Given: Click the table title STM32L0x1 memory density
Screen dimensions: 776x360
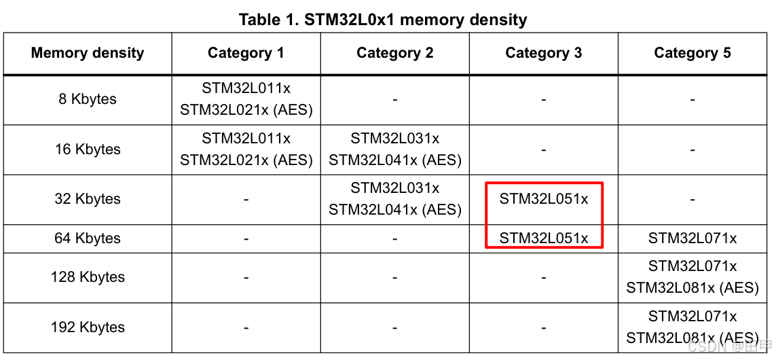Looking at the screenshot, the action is click(x=383, y=20).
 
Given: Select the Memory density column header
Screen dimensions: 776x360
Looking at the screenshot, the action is click(x=88, y=53).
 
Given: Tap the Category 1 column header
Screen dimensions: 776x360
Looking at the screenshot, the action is click(x=246, y=53).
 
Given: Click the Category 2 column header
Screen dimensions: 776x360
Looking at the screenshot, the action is click(x=394, y=53).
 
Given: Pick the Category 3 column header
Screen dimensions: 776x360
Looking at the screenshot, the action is click(x=543, y=53).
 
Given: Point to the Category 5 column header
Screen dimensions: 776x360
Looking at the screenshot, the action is click(x=692, y=53).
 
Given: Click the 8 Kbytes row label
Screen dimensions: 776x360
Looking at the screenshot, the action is click(x=88, y=99).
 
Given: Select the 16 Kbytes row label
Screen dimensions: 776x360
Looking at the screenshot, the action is click(x=88, y=149).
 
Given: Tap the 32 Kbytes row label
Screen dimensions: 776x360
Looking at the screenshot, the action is click(x=88, y=199).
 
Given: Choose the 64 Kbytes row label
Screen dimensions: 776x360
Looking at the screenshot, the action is click(x=88, y=238).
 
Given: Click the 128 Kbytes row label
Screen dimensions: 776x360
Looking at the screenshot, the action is click(x=88, y=277).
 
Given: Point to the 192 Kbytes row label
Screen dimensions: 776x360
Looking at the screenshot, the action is click(x=88, y=327).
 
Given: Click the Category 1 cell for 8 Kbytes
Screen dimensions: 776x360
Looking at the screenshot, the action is click(x=246, y=99).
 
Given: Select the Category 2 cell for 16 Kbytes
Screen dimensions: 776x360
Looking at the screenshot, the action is click(x=394, y=149).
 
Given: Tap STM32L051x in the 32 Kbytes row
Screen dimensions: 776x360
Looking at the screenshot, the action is click(x=544, y=199).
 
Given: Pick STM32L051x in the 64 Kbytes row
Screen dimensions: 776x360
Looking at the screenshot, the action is click(x=544, y=238).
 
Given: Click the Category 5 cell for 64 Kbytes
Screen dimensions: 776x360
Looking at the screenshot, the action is click(x=692, y=238).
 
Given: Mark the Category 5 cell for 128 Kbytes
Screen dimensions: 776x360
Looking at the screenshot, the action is click(x=692, y=277).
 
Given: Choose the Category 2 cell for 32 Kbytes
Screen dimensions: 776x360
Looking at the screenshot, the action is click(x=394, y=199).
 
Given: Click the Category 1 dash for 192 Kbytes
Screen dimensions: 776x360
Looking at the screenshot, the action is click(x=246, y=327).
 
